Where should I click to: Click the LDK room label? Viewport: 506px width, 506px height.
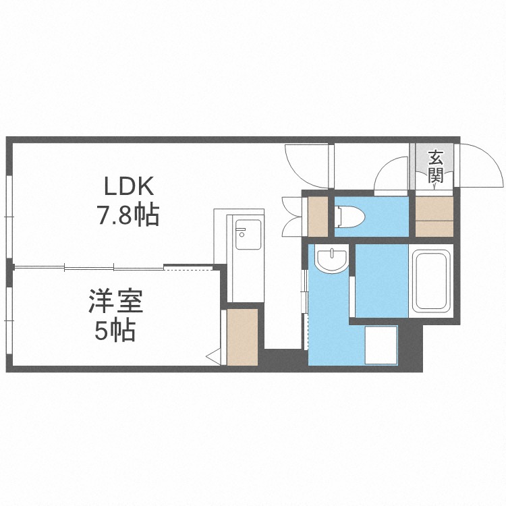pos(129,186)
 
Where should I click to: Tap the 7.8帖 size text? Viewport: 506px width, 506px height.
pos(129,215)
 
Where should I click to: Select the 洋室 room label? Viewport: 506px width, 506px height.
pos(116,302)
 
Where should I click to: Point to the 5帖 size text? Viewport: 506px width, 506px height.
pos(115,331)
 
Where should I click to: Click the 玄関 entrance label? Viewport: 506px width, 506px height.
pos(436,166)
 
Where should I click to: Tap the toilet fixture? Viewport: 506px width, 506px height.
pos(349,215)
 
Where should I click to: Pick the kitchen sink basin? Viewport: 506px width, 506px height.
pos(248,235)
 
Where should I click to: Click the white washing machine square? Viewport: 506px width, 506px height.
pos(381,345)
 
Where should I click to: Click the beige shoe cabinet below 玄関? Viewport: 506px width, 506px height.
pos(434,217)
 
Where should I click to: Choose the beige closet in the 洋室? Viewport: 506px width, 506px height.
pos(242,337)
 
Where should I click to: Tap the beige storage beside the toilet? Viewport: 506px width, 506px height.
pos(318,216)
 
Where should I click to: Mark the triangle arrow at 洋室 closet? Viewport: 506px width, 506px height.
pos(214,357)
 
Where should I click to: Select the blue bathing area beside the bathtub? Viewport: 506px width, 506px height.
pos(382,281)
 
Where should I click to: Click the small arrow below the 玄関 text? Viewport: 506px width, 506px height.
pos(435,186)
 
